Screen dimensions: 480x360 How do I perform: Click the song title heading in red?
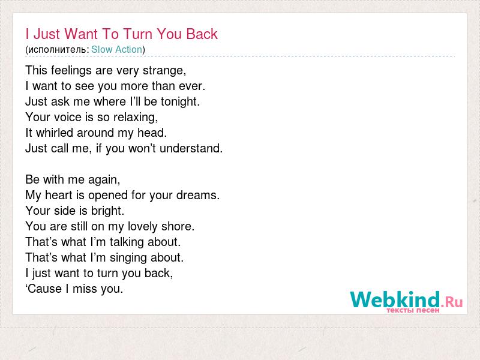(x=122, y=34)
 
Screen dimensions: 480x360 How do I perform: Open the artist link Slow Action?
(x=116, y=49)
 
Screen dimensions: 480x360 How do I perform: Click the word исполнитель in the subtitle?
(x=58, y=50)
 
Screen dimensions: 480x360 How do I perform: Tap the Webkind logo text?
(x=395, y=299)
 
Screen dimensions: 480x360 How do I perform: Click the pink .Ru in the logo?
(x=452, y=302)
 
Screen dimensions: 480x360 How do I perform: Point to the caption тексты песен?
(x=413, y=310)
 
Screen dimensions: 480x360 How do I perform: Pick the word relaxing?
(x=136, y=117)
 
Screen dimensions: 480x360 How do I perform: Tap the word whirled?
(x=55, y=133)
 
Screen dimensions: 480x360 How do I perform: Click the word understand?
(x=191, y=148)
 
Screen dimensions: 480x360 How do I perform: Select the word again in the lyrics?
(x=104, y=179)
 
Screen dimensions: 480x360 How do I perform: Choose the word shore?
(x=178, y=227)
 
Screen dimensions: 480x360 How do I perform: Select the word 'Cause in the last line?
(x=44, y=289)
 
